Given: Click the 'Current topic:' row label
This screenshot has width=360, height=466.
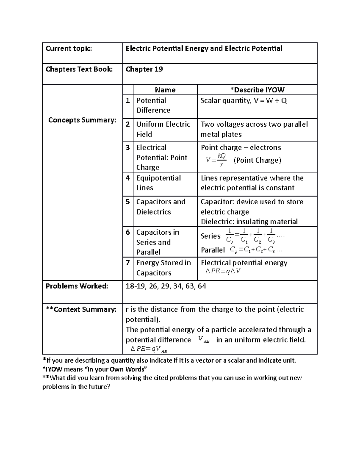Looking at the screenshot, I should (69, 49).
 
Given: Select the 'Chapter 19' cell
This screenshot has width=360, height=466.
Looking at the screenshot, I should (144, 69).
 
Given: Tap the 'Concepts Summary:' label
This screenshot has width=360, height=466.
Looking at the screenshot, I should (82, 120).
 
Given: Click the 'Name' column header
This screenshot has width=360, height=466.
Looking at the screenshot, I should (165, 90).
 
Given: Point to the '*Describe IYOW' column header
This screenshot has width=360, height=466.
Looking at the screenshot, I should (257, 90).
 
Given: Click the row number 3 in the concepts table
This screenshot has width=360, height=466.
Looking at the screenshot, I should (128, 148).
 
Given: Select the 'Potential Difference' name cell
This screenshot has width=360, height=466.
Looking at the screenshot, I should (153, 105).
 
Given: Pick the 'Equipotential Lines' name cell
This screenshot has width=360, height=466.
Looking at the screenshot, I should (158, 183).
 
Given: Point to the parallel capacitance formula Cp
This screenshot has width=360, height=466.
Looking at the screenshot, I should (256, 250).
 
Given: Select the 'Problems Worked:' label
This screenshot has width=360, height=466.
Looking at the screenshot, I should (76, 286).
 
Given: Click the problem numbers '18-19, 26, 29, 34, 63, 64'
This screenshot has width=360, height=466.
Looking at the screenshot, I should (166, 286).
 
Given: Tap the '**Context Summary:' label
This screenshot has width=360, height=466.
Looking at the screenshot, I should (81, 309).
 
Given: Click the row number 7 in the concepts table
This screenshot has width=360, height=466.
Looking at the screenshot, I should (128, 263).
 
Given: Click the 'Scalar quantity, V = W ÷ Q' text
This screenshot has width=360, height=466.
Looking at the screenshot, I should (244, 101).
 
